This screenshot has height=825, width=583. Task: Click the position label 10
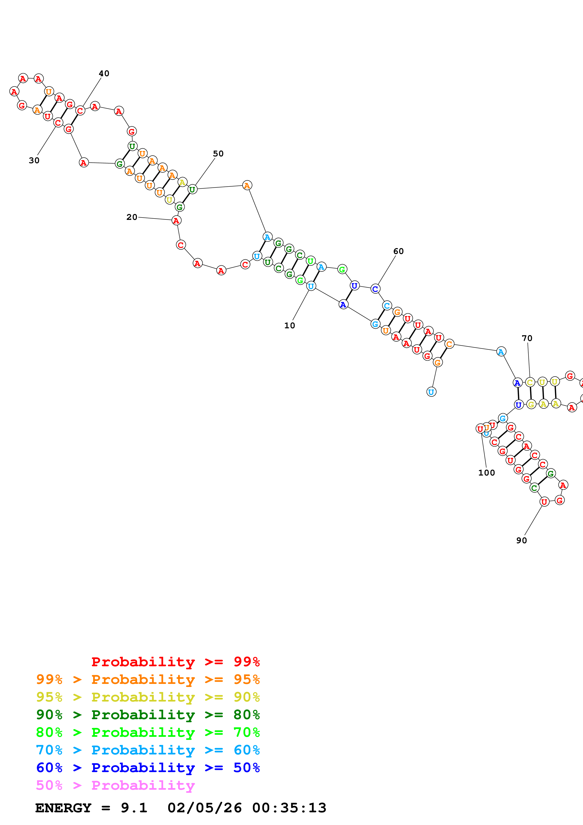(x=290, y=325)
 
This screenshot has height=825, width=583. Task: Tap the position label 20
(x=132, y=217)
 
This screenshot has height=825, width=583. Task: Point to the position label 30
(x=34, y=161)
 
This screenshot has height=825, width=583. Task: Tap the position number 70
(x=527, y=338)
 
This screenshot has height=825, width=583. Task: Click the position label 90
(x=522, y=541)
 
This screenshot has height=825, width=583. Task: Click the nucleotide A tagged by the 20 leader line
(x=176, y=221)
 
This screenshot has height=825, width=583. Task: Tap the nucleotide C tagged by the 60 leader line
(x=375, y=289)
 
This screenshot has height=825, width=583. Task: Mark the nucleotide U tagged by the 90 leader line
(x=544, y=502)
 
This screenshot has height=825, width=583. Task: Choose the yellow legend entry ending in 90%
(x=148, y=698)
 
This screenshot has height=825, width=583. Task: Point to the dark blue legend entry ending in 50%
(x=148, y=768)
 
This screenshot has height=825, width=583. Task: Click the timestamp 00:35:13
(x=289, y=808)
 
